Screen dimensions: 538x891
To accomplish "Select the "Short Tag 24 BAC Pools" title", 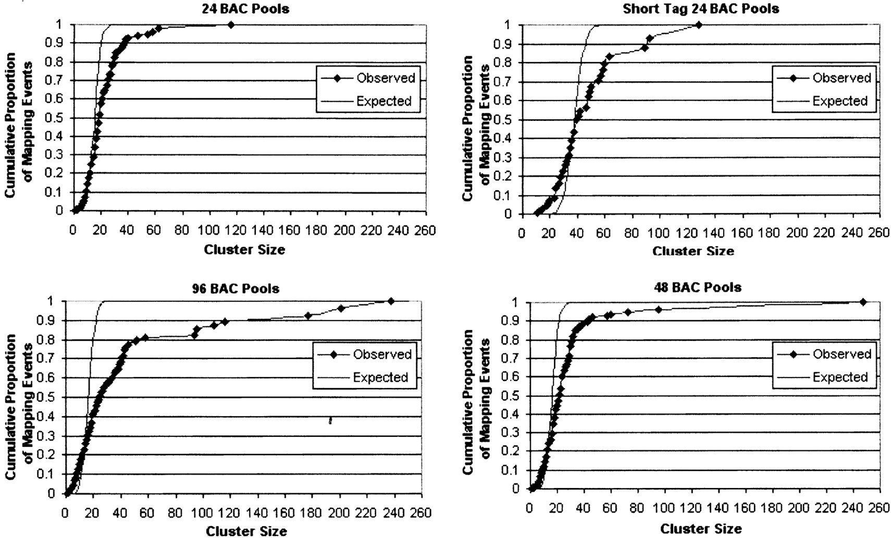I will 701,9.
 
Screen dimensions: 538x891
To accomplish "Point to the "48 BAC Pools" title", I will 698,287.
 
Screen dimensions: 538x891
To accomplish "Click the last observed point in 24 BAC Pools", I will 231,25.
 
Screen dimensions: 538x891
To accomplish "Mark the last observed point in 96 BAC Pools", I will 390,301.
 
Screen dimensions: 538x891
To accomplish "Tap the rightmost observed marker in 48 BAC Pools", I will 863,302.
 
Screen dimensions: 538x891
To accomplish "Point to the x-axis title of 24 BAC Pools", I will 244,250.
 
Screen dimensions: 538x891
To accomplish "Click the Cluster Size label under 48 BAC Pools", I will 701,529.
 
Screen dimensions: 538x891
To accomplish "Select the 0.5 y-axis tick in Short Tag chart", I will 503,120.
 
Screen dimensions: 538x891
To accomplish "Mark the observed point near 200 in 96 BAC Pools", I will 341,309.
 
